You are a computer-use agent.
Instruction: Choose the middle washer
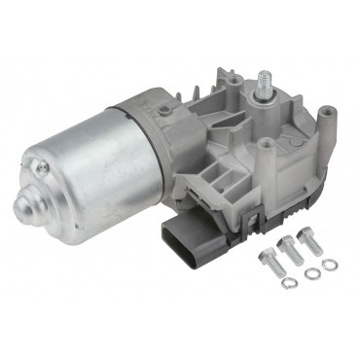click(312, 273)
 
